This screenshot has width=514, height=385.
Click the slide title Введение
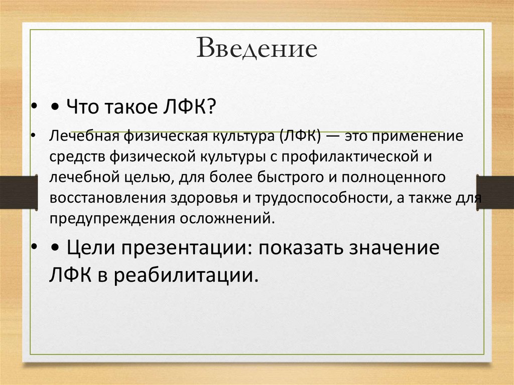(x=257, y=48)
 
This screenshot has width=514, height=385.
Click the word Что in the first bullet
(x=82, y=106)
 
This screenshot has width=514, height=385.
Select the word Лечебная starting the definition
(x=84, y=136)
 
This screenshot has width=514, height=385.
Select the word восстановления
(x=107, y=199)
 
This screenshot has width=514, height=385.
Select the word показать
(x=300, y=247)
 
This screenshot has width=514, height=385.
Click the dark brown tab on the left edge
(x=19, y=192)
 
